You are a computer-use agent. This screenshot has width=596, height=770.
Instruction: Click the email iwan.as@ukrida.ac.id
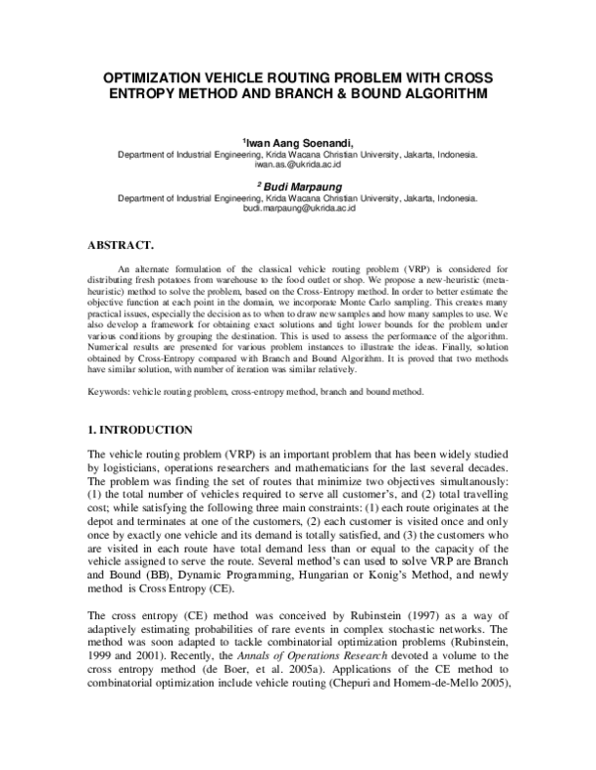pos(298,166)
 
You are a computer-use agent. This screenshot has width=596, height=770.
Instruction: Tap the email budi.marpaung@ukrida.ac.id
pos(298,208)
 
